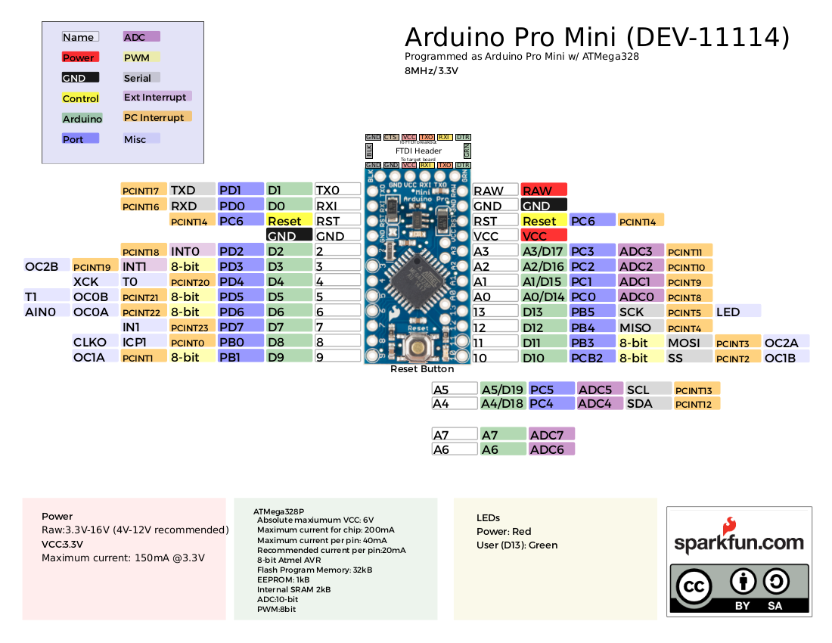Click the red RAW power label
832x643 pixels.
click(x=543, y=191)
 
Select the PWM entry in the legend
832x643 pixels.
click(x=141, y=57)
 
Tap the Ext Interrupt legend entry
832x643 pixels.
click(x=157, y=97)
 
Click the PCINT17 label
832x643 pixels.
click(x=144, y=191)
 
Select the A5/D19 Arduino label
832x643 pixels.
click(x=503, y=390)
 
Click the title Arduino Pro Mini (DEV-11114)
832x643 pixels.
click(x=598, y=37)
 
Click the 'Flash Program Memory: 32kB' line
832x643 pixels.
click(x=314, y=570)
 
